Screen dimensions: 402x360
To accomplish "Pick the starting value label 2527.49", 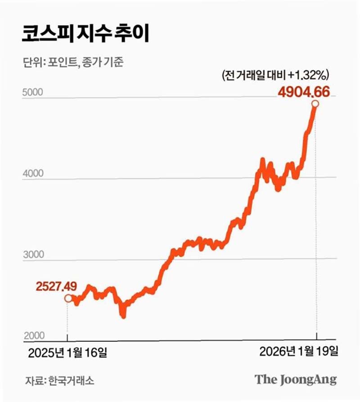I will coord(57,285).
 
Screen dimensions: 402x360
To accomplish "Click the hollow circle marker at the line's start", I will coord(68,298).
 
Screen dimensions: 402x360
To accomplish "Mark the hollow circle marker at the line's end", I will coord(315,104).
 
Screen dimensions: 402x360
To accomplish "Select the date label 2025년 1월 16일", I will coord(67,352).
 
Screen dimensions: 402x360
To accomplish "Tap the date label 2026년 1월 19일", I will coord(298,352).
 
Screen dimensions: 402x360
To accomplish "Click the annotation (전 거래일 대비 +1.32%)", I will coord(277,75).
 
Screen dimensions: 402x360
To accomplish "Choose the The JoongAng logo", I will coord(296,379).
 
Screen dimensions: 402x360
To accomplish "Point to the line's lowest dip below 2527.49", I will coord(123,315).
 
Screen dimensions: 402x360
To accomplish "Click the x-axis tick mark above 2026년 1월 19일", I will coord(316,336).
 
